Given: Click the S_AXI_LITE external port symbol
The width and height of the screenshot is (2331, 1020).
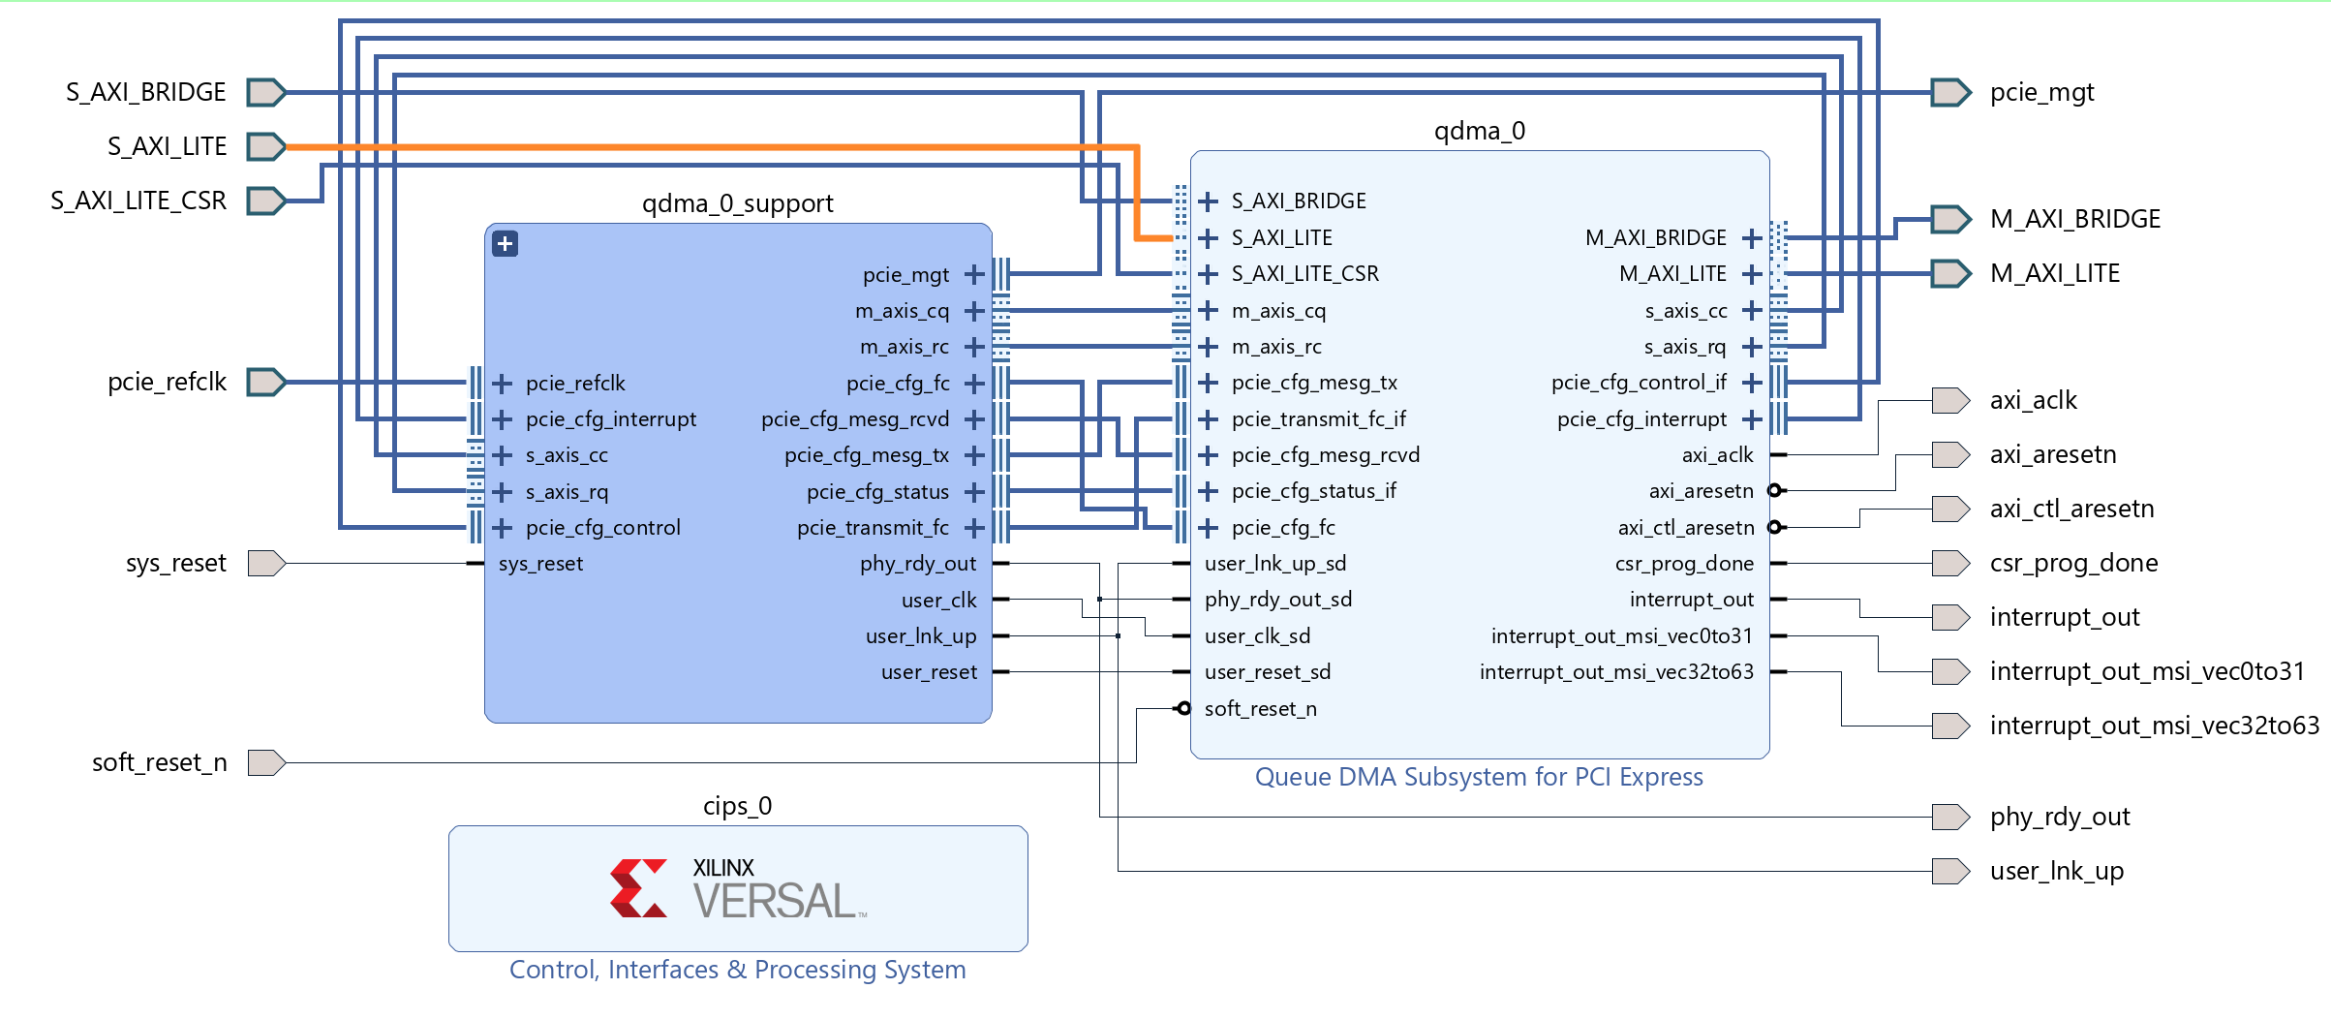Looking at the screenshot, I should coord(265,146).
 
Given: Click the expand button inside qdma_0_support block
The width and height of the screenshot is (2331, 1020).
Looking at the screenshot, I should coord(505,243).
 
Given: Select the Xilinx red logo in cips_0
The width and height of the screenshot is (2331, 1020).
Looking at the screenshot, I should coord(638,888).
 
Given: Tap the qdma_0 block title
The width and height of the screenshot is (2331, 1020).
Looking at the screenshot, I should coord(1479,131).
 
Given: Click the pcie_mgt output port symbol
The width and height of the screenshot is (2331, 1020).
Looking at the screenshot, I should coord(1949,92).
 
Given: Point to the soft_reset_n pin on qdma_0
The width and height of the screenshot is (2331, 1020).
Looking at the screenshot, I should coord(1260,709).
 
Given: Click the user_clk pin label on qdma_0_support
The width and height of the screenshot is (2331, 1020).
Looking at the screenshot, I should coord(938,601).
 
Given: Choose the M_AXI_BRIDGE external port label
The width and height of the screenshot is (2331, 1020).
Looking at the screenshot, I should coord(2074,219).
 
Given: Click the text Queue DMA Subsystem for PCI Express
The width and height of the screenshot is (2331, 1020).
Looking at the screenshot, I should coord(1478,777).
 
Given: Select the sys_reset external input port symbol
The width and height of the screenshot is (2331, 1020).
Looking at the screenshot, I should coord(265,563).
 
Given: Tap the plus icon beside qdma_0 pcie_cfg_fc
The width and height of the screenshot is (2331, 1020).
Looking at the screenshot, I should coord(1208,528).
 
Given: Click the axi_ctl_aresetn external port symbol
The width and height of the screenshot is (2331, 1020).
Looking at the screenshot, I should coord(1949,509).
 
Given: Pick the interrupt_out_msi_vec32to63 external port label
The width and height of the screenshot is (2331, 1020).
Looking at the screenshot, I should coord(2154,726).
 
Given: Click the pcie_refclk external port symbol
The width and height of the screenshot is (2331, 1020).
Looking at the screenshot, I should coord(265,382).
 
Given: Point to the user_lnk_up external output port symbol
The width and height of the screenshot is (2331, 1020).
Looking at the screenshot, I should coord(1949,871).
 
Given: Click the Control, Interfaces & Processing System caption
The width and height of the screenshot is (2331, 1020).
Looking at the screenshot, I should coord(737,970).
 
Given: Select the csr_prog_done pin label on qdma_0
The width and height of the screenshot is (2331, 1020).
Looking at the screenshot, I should coord(1683,564).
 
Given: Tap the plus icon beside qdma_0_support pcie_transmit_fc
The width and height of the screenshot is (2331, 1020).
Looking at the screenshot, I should coord(974,528).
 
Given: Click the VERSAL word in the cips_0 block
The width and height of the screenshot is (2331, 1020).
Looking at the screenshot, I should coord(774,902).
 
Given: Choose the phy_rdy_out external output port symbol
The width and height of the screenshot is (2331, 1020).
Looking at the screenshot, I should coord(1949,817).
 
